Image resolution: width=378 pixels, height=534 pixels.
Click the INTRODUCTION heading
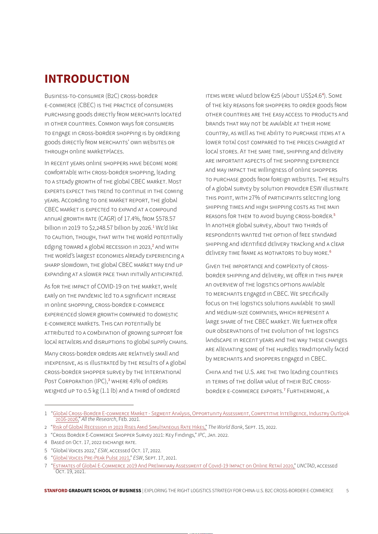click(x=87, y=79)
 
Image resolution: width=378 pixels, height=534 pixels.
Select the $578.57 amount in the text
click(x=165, y=219)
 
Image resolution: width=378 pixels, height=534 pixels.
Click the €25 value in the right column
click(x=275, y=96)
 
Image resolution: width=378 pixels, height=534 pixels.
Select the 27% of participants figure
click(x=254, y=198)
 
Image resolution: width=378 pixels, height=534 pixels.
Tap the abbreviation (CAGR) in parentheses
click(x=107, y=219)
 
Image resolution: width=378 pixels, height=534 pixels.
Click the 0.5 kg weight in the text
click(x=91, y=391)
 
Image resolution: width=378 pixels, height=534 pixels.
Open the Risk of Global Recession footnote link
click(x=129, y=427)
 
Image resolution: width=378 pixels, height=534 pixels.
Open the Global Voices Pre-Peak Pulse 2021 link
click(x=91, y=458)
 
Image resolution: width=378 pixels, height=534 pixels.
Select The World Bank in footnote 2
click(x=225, y=427)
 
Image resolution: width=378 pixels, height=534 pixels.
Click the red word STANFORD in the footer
click(x=56, y=491)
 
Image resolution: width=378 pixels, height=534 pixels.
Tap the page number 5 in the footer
click(x=347, y=491)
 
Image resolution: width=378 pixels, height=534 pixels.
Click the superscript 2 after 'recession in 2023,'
click(x=153, y=245)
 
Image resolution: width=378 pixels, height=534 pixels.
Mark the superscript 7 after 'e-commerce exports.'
click(x=284, y=389)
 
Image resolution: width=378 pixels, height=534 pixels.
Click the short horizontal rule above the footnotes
click(x=89, y=405)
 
